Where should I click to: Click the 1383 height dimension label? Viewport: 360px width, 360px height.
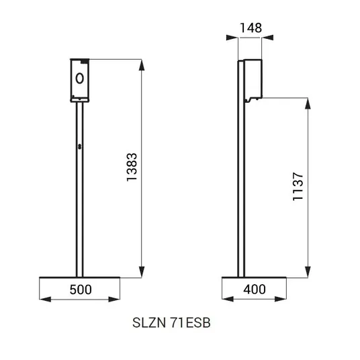coord(132,167)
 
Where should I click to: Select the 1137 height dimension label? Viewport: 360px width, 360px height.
coord(298,187)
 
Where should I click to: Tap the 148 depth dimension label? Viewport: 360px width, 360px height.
coord(251,28)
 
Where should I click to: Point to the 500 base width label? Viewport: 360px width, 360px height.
coord(81,289)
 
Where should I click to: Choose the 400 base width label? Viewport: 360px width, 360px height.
coord(255,289)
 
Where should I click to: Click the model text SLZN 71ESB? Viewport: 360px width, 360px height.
coord(171,322)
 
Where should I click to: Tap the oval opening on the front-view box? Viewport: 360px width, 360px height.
coord(80,79)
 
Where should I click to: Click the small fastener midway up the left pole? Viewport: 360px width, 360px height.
coord(80,146)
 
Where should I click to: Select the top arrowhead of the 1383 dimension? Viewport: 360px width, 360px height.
coord(142,65)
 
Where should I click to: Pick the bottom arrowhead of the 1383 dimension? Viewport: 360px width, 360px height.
coord(142,272)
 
